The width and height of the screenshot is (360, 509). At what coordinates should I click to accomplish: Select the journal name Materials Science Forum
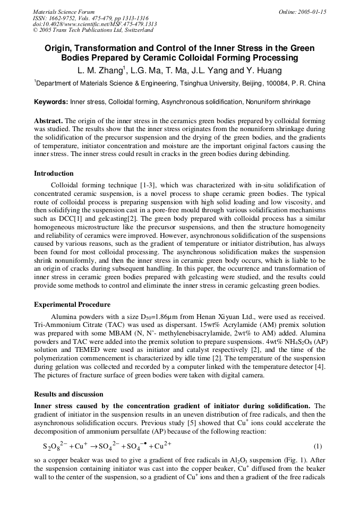64,12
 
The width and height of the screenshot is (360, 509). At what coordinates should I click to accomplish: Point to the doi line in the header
95,24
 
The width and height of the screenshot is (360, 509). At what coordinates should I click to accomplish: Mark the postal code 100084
277,83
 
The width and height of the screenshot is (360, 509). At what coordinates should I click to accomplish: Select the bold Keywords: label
51,102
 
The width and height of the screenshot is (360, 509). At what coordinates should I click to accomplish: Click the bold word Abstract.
48,121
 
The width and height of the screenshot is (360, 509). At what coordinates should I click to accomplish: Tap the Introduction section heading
54,174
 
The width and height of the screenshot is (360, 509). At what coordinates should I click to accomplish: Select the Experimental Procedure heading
72,305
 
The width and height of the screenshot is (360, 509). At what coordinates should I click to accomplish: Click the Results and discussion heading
68,394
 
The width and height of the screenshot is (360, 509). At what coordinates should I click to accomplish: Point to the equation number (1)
318,446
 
